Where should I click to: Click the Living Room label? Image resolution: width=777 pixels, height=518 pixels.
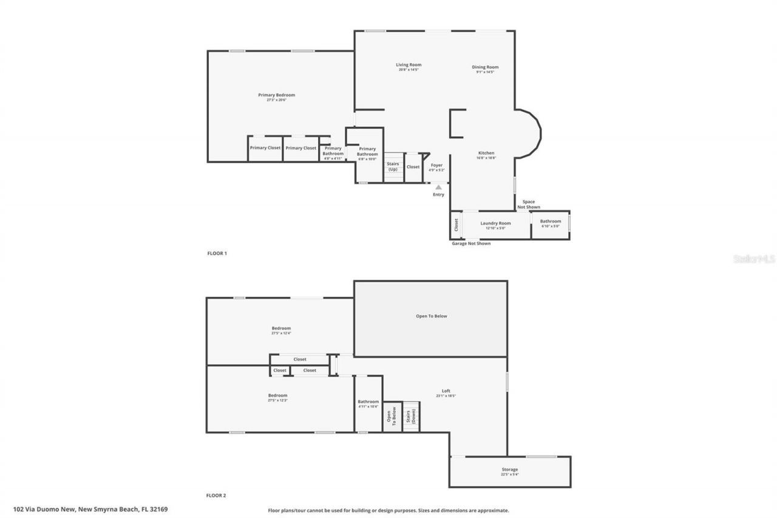pos(409,65)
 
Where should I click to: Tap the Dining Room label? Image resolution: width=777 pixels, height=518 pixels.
pos(485,67)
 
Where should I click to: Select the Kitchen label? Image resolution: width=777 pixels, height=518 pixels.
pos(486,153)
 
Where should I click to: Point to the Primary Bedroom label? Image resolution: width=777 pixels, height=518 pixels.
pos(276,95)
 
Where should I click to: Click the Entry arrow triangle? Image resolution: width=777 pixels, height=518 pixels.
pos(438,187)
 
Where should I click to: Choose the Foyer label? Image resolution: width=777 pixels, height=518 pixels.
pos(436,165)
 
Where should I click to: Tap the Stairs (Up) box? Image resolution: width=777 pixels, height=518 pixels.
pos(393,167)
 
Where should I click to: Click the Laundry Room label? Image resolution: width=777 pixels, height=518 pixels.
pos(495,223)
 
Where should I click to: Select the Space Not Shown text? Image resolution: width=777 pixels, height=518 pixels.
pos(529,205)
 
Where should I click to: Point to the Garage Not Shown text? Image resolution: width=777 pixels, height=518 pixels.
pos(471,244)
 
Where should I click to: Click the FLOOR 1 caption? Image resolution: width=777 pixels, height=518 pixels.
pos(217,253)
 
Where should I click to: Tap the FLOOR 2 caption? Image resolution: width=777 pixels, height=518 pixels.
pos(217,496)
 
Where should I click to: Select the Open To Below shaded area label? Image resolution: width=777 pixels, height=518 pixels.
pos(431,316)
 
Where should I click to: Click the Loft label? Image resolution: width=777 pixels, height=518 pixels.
pos(446,391)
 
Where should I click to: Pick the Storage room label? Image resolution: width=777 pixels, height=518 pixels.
pos(509,470)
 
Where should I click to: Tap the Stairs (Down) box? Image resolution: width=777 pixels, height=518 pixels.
pos(412,417)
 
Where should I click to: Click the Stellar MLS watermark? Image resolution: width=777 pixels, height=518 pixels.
pos(754,259)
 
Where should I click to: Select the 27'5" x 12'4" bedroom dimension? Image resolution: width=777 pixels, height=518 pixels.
pos(280,333)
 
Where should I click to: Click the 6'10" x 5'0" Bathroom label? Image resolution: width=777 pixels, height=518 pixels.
pos(550,223)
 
